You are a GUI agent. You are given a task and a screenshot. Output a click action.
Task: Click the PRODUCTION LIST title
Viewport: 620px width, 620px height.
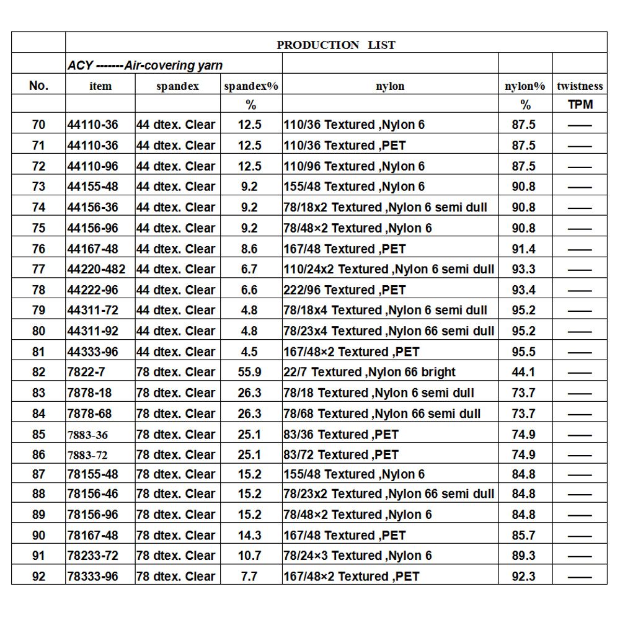(335, 45)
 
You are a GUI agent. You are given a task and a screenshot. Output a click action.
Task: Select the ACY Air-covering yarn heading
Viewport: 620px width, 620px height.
(145, 66)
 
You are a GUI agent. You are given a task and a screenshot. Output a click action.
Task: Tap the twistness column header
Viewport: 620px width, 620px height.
(580, 86)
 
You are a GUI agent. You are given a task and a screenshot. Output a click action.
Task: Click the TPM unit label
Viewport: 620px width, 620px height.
(580, 105)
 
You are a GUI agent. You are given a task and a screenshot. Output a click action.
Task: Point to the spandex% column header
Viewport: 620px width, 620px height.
(250, 86)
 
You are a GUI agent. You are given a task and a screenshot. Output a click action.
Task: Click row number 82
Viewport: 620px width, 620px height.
(38, 372)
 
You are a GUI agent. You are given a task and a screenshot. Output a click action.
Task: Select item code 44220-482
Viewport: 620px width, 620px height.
(96, 269)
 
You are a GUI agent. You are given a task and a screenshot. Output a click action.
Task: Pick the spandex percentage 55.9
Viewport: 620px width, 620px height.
(249, 372)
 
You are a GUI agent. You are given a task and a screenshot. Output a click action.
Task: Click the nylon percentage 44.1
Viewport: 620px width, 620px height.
(523, 372)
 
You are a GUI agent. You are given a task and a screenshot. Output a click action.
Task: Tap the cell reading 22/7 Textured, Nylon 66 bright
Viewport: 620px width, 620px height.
(370, 372)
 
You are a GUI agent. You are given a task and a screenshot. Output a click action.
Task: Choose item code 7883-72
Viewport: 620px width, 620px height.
(87, 454)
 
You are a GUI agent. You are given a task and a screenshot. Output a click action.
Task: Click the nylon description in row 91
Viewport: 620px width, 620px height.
(358, 556)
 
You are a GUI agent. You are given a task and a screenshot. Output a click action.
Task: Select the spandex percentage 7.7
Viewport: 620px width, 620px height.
(249, 576)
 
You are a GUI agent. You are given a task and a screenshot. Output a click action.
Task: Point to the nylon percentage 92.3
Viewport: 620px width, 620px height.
(523, 576)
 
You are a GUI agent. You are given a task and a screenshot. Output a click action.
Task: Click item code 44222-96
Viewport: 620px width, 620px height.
(92, 290)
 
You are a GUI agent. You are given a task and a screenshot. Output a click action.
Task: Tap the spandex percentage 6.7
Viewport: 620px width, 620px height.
(249, 269)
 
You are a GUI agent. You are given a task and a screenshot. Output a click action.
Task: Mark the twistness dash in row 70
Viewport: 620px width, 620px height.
(580, 125)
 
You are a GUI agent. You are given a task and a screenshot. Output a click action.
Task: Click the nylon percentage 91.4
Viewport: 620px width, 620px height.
(523, 249)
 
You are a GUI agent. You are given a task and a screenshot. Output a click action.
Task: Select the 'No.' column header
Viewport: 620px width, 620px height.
(38, 86)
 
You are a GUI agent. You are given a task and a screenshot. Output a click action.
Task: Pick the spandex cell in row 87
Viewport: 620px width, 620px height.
(176, 474)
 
